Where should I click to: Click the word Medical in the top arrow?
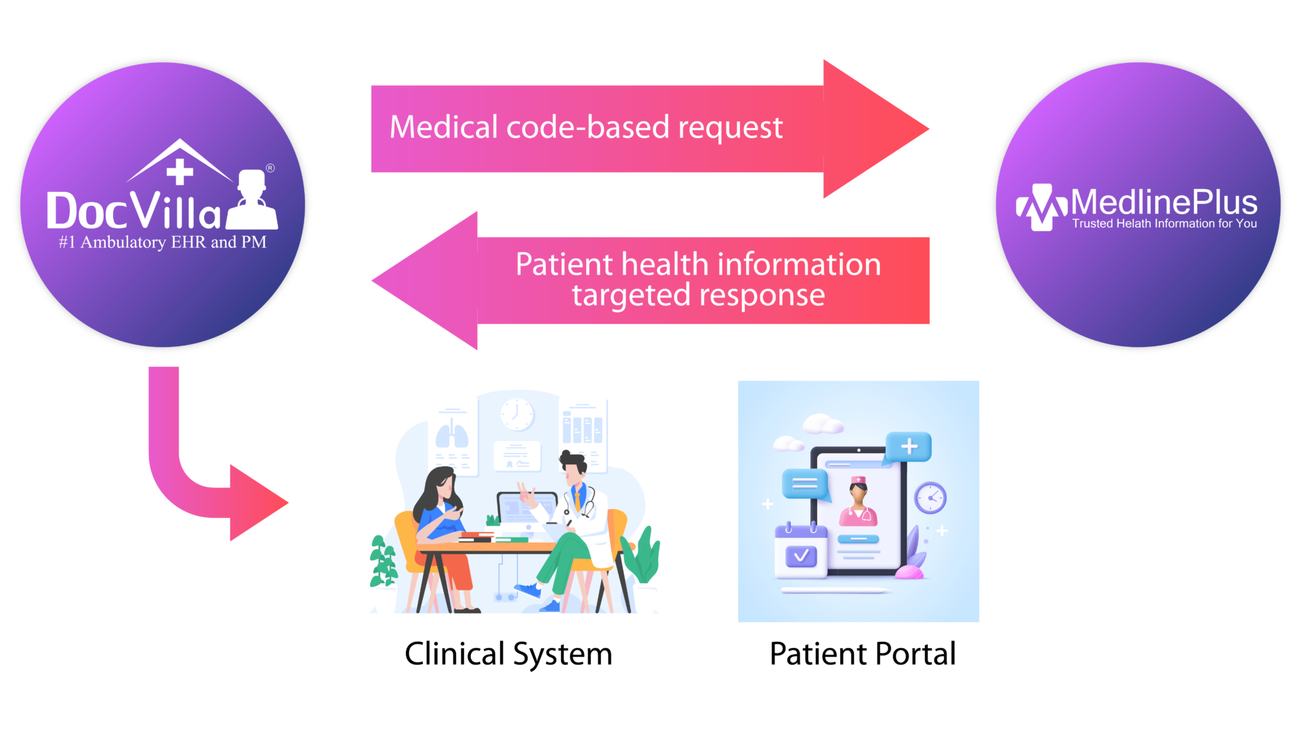click(x=443, y=127)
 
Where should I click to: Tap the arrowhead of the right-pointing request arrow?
click(x=874, y=129)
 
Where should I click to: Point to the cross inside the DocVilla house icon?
click(x=180, y=171)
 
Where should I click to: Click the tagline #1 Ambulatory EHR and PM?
click(x=163, y=243)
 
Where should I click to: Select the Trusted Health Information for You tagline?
click(x=1164, y=224)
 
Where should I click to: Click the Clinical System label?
click(x=508, y=654)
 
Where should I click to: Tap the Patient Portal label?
click(x=863, y=654)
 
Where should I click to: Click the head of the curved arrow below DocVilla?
click(x=258, y=503)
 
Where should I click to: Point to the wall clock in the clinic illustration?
click(x=517, y=413)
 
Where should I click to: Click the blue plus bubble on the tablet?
click(x=909, y=447)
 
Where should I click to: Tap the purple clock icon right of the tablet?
click(x=930, y=498)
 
